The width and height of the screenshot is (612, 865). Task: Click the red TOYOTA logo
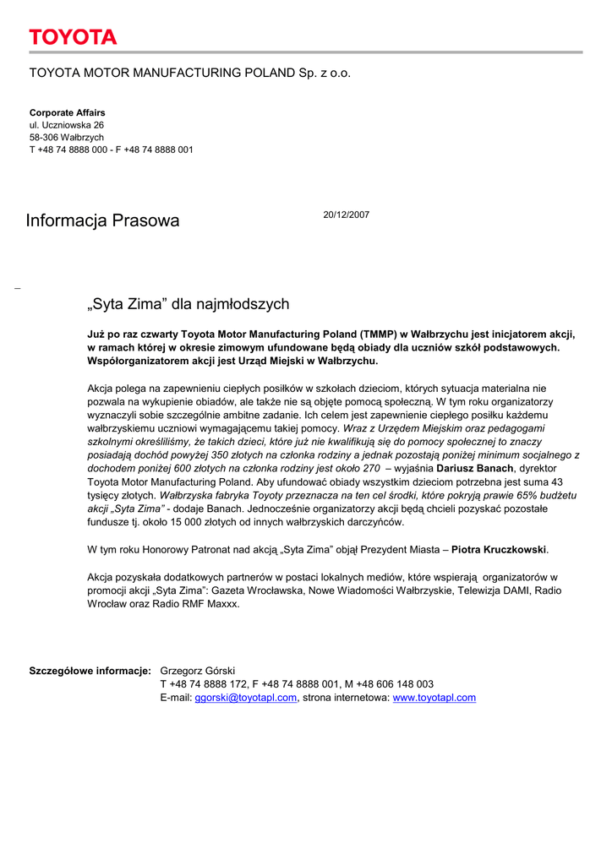[73, 37]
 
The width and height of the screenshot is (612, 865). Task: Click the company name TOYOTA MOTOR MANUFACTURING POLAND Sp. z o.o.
[190, 73]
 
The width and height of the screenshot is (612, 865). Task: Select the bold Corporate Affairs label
[68, 112]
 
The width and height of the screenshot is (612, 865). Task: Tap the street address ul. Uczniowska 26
[67, 125]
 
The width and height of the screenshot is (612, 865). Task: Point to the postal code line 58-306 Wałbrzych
[67, 137]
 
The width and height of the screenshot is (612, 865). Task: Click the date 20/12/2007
[347, 215]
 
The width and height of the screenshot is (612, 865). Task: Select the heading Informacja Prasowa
[102, 221]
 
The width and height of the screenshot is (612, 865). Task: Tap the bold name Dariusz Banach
[474, 468]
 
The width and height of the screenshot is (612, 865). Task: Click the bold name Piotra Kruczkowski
[500, 550]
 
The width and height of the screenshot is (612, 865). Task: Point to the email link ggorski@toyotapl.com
[246, 698]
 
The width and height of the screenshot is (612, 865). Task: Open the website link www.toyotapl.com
[434, 698]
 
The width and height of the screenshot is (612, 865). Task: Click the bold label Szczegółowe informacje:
[90, 671]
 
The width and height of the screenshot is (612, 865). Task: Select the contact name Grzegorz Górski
[198, 671]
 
